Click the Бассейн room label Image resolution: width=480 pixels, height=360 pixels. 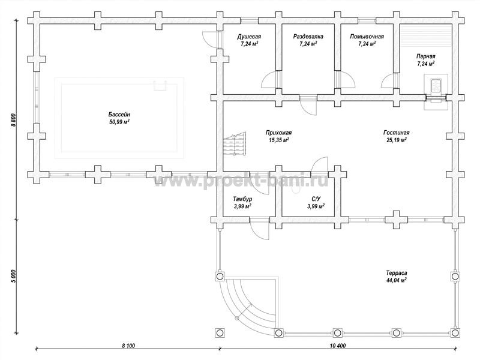(119, 115)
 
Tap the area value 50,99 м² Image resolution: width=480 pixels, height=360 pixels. (119, 122)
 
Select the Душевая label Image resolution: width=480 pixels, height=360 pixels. (249, 37)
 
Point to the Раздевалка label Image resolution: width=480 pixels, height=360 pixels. (308, 37)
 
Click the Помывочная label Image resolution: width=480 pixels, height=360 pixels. (367, 37)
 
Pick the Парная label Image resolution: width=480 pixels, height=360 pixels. (425, 56)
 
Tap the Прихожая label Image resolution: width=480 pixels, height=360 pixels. (278, 133)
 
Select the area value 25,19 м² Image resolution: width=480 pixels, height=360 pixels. (397, 140)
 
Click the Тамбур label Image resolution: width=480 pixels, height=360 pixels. (242, 199)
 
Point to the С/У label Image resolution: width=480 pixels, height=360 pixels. (316, 199)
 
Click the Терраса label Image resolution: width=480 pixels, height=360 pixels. (396, 273)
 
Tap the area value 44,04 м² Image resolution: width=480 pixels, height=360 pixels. (396, 280)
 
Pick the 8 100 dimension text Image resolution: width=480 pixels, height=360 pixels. (128, 346)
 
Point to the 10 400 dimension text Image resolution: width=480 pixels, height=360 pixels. (338, 346)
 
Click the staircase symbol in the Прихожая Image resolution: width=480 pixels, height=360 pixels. (235, 145)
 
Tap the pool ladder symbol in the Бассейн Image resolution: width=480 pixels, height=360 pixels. (160, 86)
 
